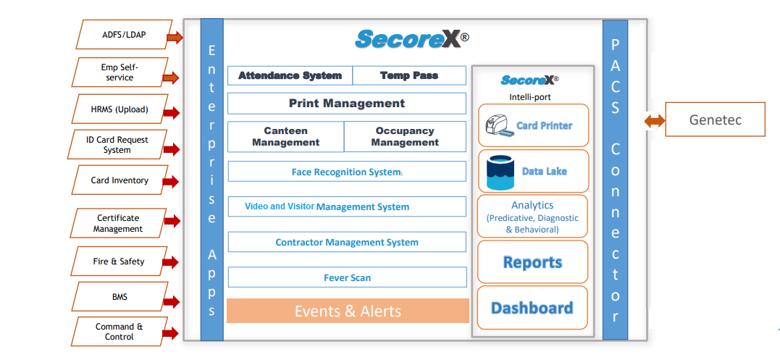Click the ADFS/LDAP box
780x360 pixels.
pyautogui.click(x=125, y=34)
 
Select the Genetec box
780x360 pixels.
pyautogui.click(x=715, y=120)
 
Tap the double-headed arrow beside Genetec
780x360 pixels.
pyautogui.click(x=654, y=120)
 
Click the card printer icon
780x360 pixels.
pyautogui.click(x=499, y=126)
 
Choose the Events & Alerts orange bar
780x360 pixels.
pyautogui.click(x=348, y=311)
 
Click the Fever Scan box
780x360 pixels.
pyautogui.click(x=347, y=277)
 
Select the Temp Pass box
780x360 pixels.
pyautogui.click(x=409, y=75)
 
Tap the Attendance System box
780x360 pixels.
pyautogui.click(x=290, y=75)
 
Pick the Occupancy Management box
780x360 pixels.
pyautogui.click(x=405, y=137)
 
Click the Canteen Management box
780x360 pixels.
pyautogui.click(x=285, y=137)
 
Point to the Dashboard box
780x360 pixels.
pyautogui.click(x=532, y=308)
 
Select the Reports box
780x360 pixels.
pyautogui.click(x=532, y=262)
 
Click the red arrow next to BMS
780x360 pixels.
pyautogui.click(x=171, y=301)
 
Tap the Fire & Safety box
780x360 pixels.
pyautogui.click(x=118, y=261)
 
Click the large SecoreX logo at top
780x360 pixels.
pyautogui.click(x=411, y=39)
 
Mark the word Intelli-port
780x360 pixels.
pyautogui.click(x=530, y=97)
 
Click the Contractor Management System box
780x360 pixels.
pyautogui.click(x=347, y=242)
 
